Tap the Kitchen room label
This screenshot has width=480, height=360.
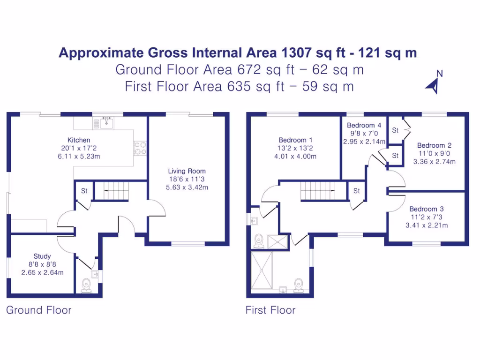(79, 140)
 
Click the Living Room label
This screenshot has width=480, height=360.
(187, 171)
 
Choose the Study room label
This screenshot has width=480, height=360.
(42, 256)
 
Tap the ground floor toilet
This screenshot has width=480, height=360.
(86, 285)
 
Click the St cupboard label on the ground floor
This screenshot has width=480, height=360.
(84, 191)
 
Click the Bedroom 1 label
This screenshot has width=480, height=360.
(295, 140)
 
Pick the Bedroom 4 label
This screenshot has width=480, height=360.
(364, 125)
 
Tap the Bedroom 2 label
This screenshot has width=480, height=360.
(434, 145)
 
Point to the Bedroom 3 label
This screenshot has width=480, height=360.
(426, 209)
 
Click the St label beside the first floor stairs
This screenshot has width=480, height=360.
(356, 191)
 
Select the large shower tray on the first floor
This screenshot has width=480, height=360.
(263, 271)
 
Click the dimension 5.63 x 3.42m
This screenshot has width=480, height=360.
(187, 187)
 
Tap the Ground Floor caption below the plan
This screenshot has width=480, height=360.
(39, 310)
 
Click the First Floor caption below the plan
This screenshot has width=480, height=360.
(270, 310)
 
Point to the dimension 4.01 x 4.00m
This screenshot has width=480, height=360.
(295, 156)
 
